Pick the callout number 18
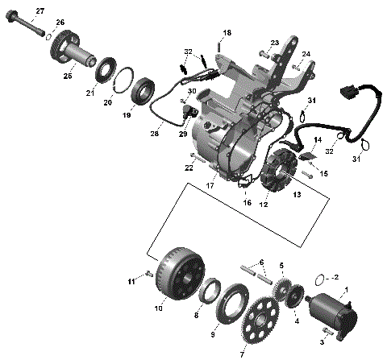point(227,32)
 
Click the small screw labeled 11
point(148,275)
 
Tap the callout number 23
point(275,43)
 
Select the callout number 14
point(294,140)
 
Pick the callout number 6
point(260,263)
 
